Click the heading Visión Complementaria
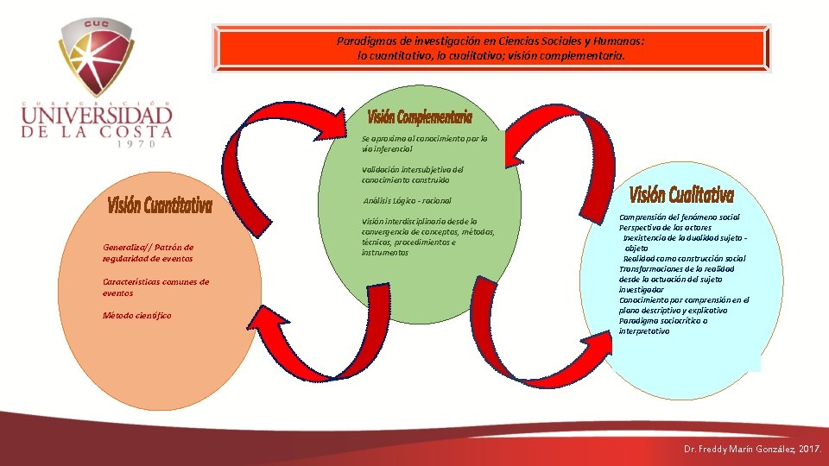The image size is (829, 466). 420,116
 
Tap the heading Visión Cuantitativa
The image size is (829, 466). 160,205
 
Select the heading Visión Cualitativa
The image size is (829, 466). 682,194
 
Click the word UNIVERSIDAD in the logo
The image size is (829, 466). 97,115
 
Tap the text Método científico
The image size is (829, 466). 136,316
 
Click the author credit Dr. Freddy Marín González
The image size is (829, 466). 751,450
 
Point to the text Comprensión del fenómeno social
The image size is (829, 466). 679,217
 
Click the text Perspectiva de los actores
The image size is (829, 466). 665,228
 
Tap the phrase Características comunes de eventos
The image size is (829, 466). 155,287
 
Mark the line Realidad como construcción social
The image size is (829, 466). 684,259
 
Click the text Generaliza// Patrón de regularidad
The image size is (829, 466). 148,253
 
